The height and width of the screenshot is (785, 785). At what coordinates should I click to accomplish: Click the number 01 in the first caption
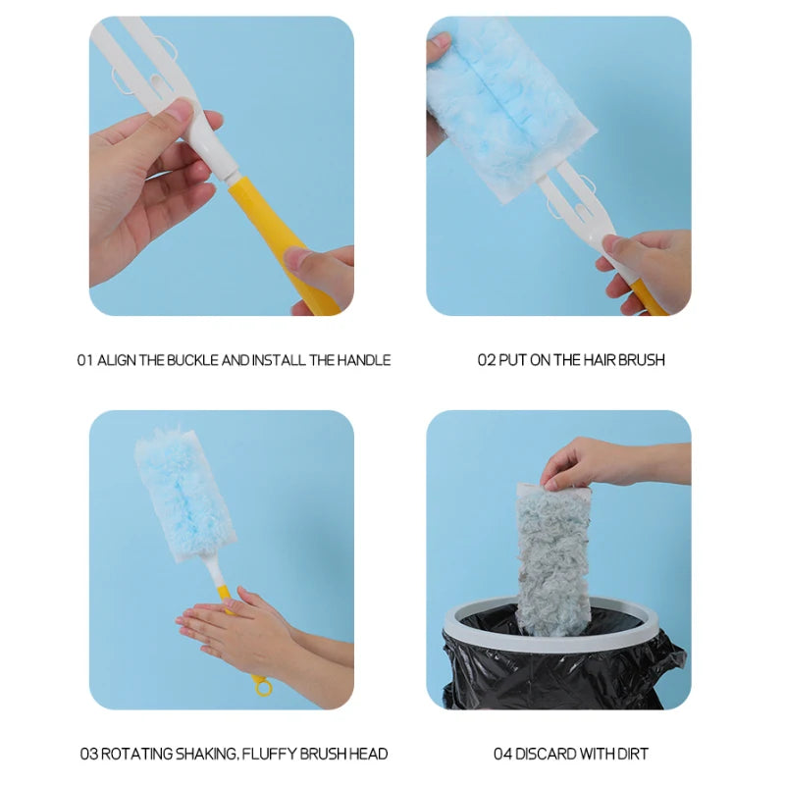85,360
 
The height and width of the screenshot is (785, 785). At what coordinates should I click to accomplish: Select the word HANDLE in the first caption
364,360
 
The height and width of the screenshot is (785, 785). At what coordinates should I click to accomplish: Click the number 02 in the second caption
486,360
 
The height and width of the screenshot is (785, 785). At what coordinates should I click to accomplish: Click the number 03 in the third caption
89,754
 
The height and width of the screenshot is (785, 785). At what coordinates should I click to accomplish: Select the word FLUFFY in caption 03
269,754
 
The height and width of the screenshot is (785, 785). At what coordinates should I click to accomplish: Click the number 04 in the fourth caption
502,754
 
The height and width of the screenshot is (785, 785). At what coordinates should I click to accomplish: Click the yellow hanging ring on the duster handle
262,686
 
